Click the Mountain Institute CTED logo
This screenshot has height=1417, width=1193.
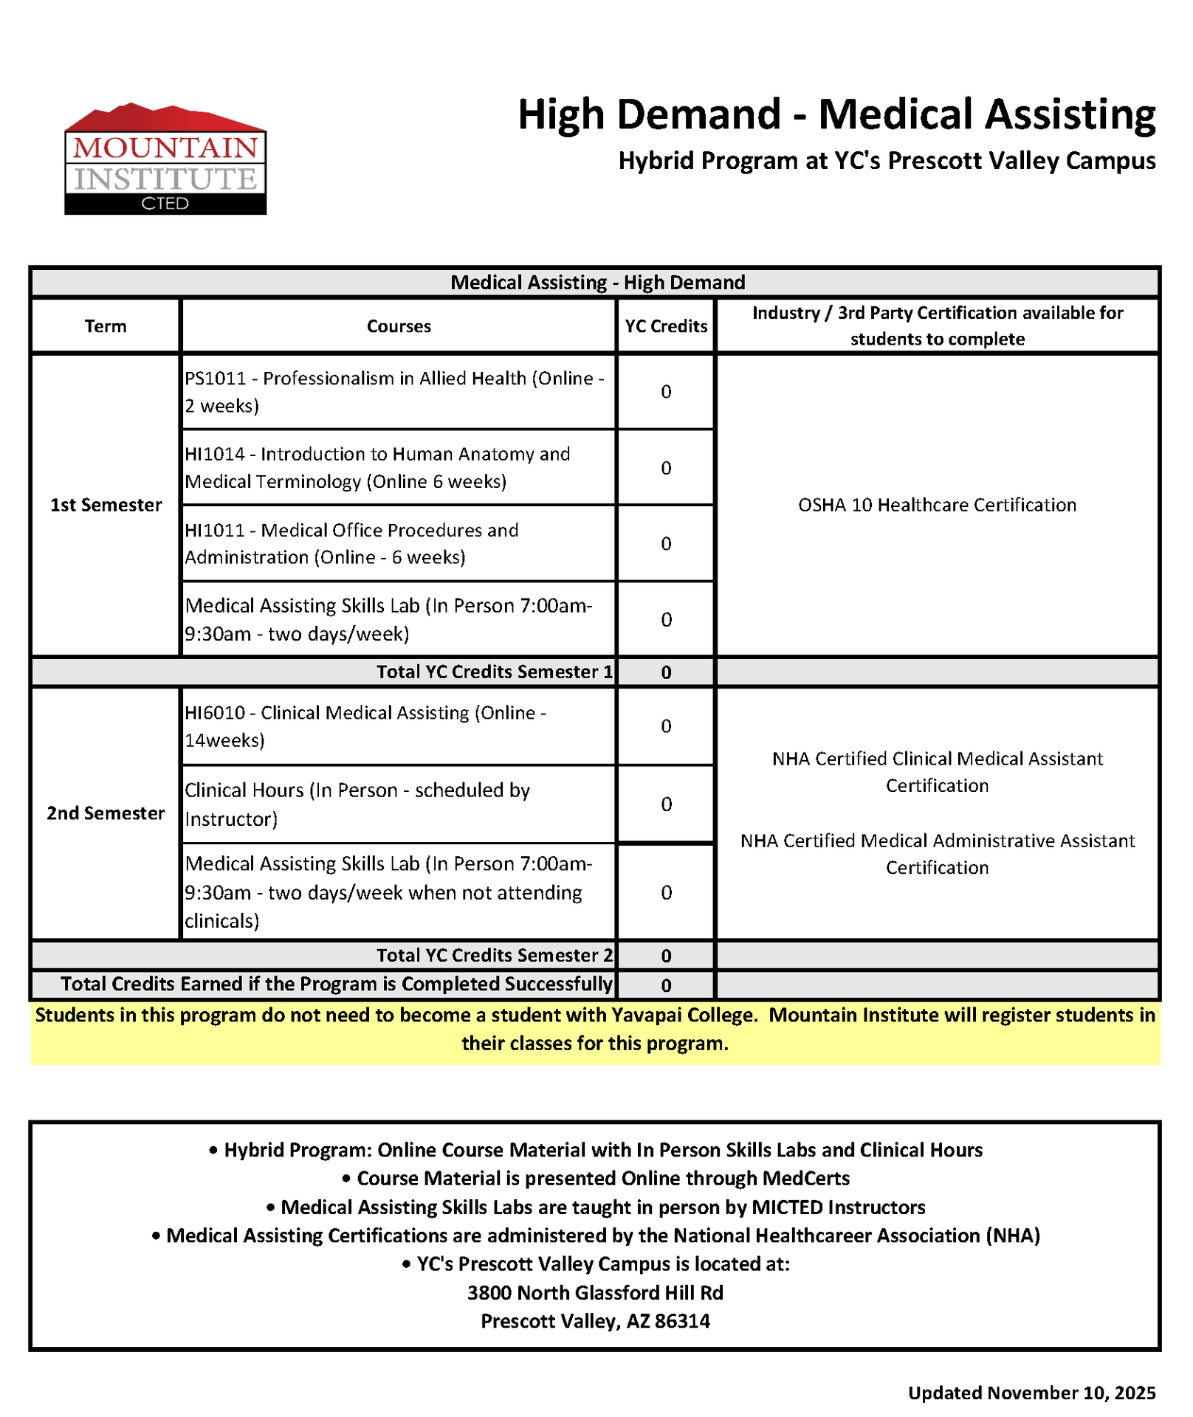coord(165,159)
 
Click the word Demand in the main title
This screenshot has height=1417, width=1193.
coord(698,115)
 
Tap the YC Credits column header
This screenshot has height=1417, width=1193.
coord(666,326)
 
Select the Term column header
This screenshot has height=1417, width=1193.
coord(106,326)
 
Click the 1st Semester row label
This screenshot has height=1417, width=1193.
coord(106,505)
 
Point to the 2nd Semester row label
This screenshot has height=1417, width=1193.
coord(106,813)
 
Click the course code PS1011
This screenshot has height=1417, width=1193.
coord(215,379)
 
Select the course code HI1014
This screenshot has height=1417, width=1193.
coord(215,454)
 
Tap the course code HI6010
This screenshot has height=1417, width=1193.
coord(215,713)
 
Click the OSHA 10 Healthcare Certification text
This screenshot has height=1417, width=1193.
coord(937,505)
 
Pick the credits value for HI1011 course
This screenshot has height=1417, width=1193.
coord(666,544)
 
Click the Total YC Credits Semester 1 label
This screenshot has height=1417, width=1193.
coord(494,672)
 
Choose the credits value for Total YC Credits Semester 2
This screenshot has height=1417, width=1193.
coord(666,956)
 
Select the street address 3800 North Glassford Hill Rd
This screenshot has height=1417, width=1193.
coord(595,1293)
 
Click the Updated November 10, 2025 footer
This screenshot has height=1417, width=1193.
coord(1031,1393)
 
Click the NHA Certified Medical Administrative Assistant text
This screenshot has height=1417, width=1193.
coord(937,841)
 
